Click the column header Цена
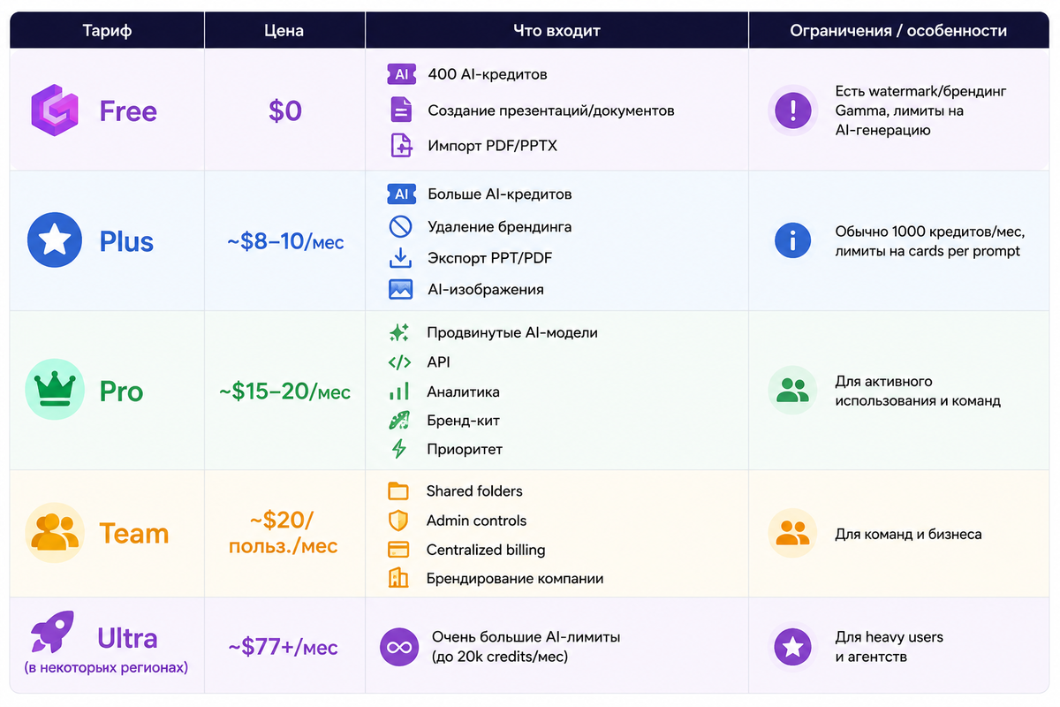coord(284,31)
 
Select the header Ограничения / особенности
coord(898,31)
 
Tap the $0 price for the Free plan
coord(284,110)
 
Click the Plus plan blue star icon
coord(55,239)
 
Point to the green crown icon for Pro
coord(55,389)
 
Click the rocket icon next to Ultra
coord(53,631)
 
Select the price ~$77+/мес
coord(283,647)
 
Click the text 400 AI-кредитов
coord(488,74)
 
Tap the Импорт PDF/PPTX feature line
coord(493,146)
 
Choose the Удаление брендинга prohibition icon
coord(400,226)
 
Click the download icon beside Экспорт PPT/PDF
coord(400,257)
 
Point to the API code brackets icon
coord(399,362)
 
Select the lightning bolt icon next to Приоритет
coord(399,448)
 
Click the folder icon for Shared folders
coord(398,491)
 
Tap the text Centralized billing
coord(486,550)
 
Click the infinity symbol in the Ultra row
coord(399,647)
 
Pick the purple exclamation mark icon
coord(792,110)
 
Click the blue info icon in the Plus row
coord(792,240)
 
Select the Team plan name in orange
coord(134,533)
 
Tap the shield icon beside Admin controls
coord(398,521)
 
